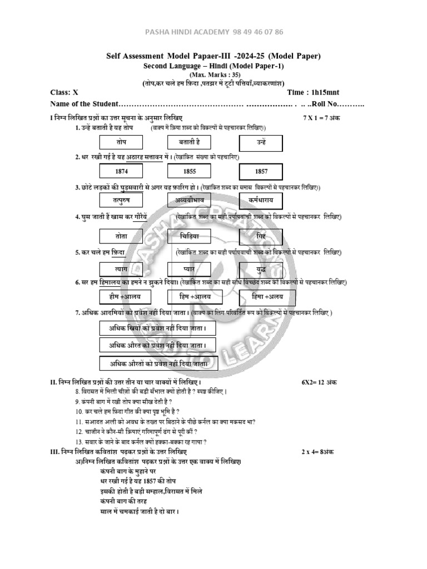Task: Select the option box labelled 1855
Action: click(x=190, y=171)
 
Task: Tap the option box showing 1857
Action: click(x=261, y=171)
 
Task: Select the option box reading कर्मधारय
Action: click(x=261, y=199)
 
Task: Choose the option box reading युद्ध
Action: click(x=261, y=268)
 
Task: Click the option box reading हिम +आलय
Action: click(x=190, y=297)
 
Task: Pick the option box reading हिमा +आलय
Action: click(x=261, y=297)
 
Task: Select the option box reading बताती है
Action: click(x=190, y=143)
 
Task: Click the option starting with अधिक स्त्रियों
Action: click(x=158, y=328)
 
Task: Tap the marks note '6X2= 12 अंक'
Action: click(x=319, y=383)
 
